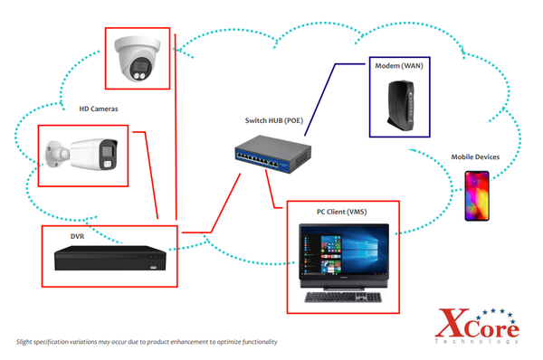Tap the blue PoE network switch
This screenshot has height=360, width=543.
click(x=267, y=155)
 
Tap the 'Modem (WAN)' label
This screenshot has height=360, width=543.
click(x=398, y=66)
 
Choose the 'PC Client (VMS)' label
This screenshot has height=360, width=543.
click(x=341, y=212)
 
